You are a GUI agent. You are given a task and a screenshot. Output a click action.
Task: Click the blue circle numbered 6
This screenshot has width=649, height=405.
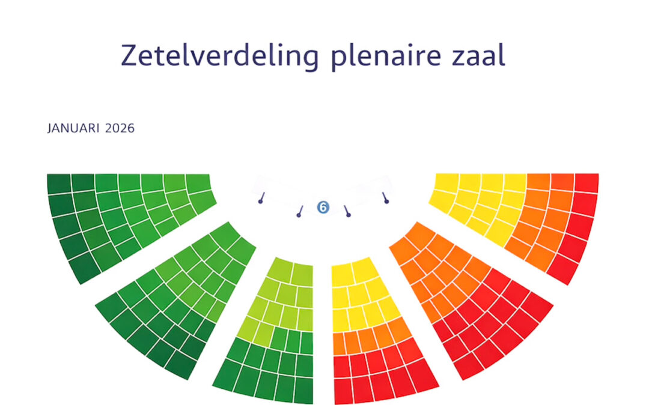[x=323, y=208]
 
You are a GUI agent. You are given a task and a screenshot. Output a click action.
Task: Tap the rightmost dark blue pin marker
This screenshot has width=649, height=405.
[x=385, y=199]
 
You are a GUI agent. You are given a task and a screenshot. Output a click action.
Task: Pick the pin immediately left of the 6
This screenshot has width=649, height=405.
[x=299, y=213]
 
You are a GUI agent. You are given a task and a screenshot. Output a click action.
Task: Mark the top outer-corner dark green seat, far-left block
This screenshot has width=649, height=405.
[x=59, y=184]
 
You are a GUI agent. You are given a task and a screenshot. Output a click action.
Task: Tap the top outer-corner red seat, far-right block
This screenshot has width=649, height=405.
[x=587, y=183]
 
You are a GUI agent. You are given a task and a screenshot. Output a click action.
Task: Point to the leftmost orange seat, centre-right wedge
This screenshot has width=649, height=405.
[x=338, y=344]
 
